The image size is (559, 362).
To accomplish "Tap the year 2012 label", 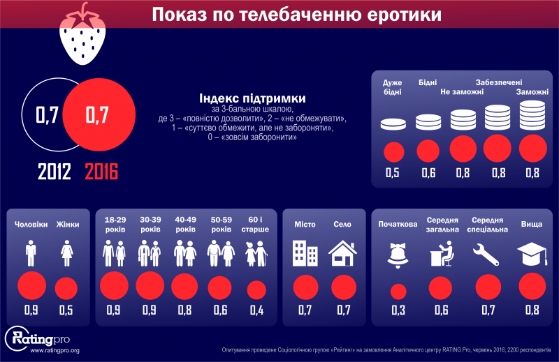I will [55, 171].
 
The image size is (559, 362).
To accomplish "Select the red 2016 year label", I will [101, 171].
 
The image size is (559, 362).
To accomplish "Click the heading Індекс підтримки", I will [252, 98].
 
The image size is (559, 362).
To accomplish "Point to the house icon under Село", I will [343, 252].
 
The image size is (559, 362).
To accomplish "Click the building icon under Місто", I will [305, 252].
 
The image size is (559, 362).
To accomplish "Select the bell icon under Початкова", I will [398, 254].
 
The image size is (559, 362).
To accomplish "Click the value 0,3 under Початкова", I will [398, 310].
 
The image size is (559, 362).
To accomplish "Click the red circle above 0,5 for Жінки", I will [67, 287].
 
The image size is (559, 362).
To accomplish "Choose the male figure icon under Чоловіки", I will [31, 252].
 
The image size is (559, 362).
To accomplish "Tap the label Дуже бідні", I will [393, 87].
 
